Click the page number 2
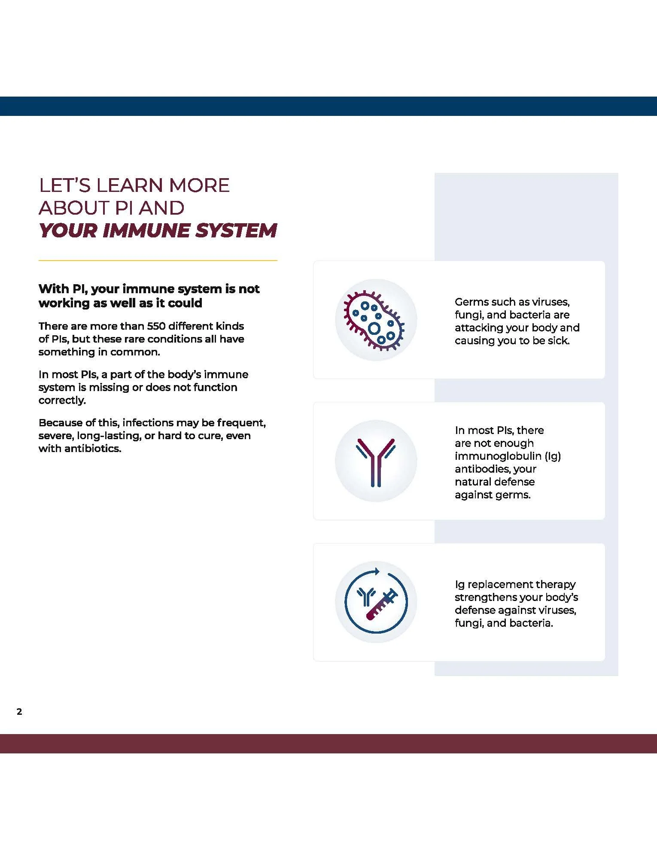(19, 711)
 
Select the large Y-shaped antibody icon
(376, 461)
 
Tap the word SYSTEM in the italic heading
(236, 231)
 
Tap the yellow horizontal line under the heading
(158, 260)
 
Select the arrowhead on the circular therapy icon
(377, 571)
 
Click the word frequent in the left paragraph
(241, 423)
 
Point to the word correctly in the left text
(62, 400)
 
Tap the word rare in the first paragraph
(134, 339)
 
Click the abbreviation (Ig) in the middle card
(553, 456)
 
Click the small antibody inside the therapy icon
(366, 596)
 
